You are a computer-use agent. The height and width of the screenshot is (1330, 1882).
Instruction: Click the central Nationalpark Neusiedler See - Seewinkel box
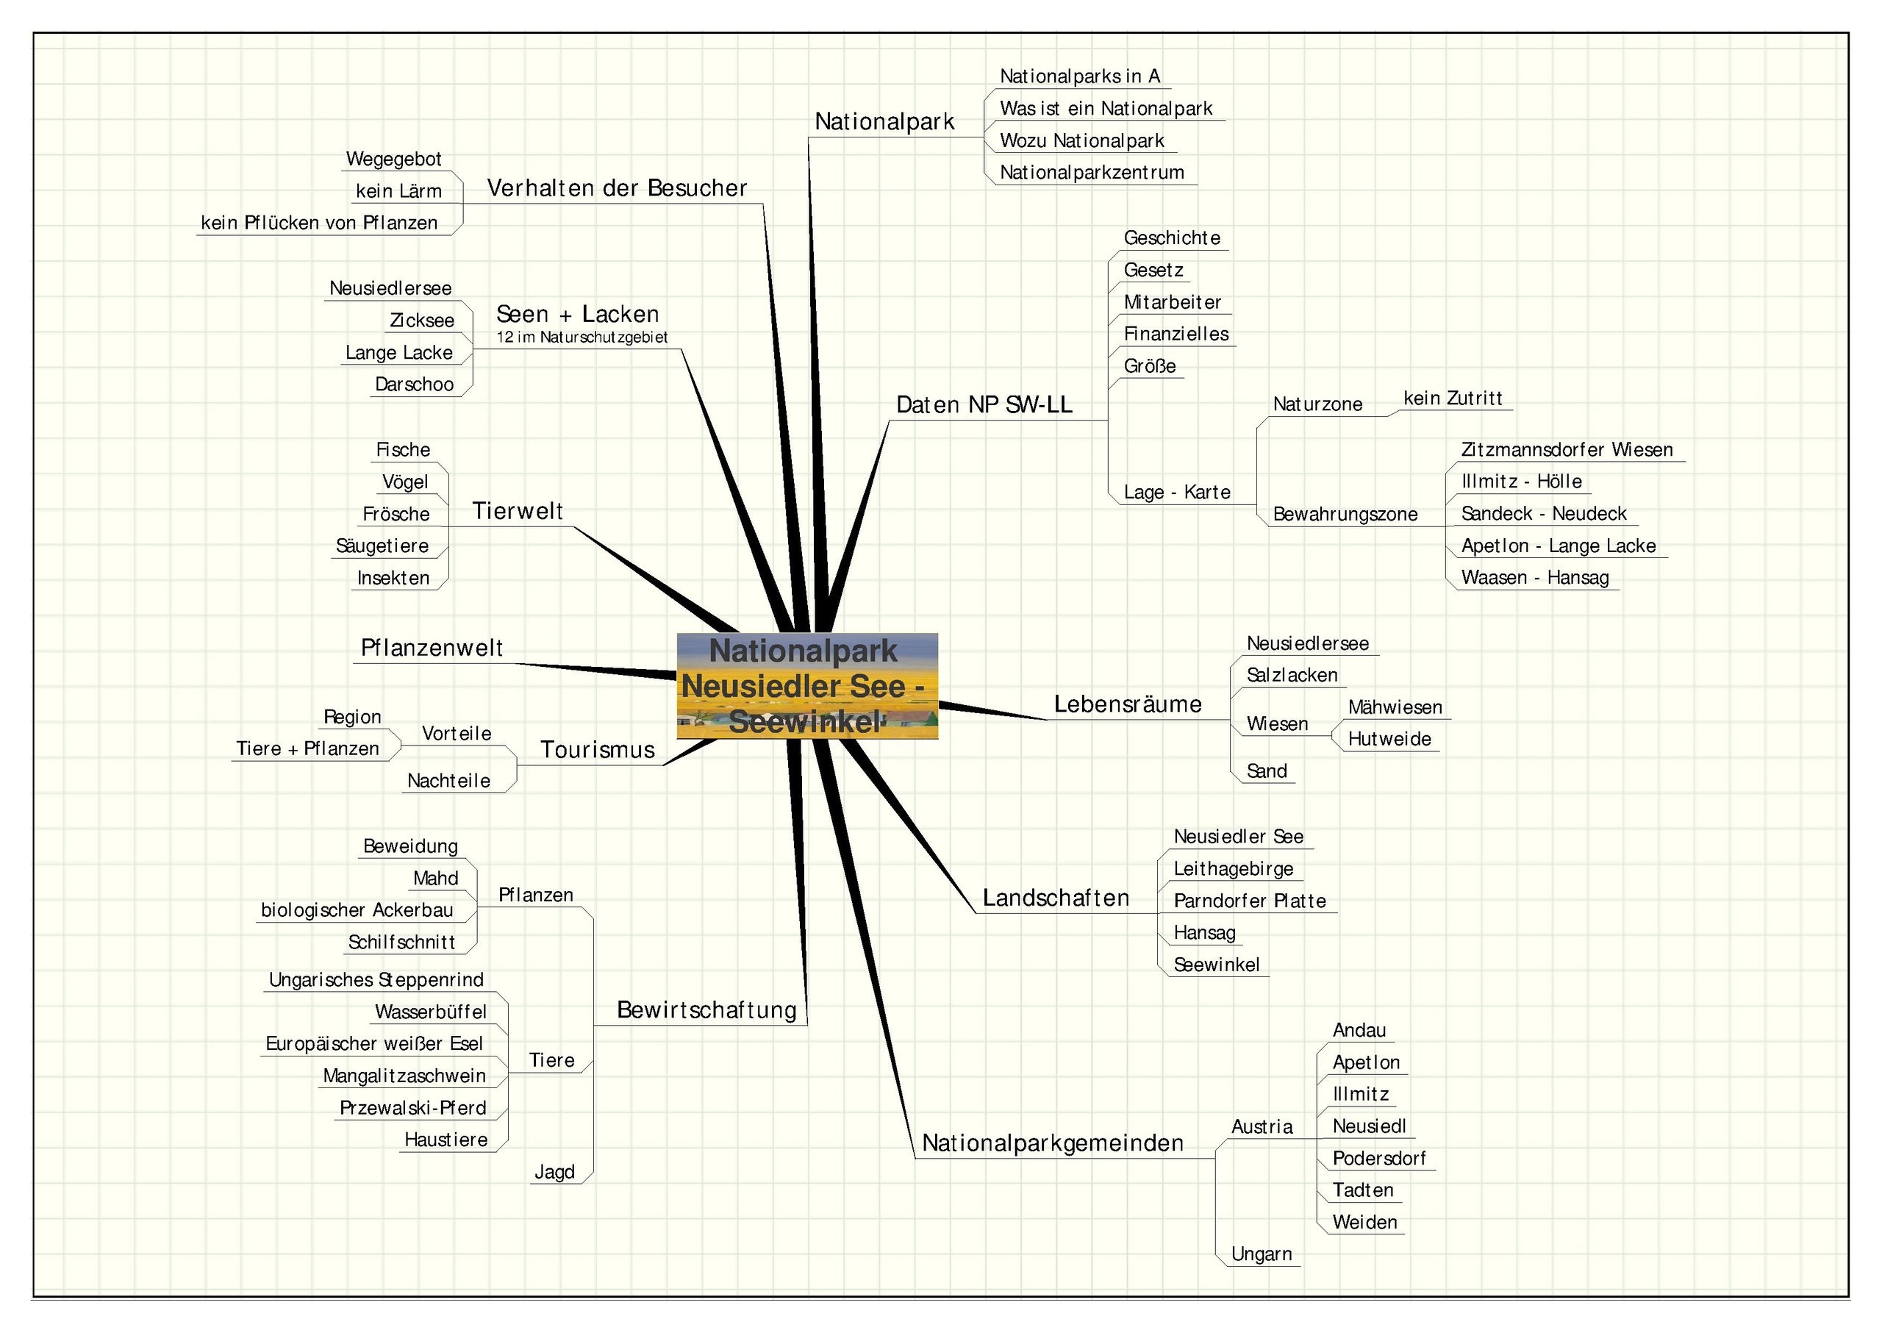click(806, 685)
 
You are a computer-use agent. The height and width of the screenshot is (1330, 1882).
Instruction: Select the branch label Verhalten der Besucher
click(616, 189)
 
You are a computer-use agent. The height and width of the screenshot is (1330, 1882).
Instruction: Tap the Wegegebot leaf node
click(393, 159)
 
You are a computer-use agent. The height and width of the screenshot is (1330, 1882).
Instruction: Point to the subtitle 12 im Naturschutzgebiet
click(582, 337)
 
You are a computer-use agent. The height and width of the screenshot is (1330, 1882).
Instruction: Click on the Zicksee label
click(421, 321)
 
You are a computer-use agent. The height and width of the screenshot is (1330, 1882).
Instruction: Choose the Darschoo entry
click(414, 385)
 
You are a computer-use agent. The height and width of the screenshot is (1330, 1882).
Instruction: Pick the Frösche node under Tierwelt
click(396, 514)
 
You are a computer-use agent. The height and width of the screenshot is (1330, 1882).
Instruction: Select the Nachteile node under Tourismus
click(448, 781)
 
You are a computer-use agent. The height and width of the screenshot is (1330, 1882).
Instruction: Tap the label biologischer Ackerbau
click(357, 910)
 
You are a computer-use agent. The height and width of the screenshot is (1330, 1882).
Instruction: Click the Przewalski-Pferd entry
click(413, 1109)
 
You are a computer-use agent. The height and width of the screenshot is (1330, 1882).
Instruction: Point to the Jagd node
click(554, 1173)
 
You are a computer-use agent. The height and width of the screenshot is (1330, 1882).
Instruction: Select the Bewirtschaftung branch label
click(706, 1010)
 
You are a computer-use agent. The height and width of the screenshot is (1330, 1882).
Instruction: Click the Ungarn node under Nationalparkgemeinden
click(1261, 1254)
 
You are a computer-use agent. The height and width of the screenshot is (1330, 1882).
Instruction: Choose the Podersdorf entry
click(1378, 1159)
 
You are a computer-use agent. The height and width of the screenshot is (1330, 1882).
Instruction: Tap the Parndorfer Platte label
click(1249, 901)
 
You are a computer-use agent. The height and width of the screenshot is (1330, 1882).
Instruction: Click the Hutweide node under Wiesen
click(1389, 739)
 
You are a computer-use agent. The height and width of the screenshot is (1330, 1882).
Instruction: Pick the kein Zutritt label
click(1453, 398)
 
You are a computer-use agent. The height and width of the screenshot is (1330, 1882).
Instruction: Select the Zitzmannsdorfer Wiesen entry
click(1567, 449)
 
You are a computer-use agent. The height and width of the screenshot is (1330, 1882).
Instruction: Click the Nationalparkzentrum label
click(1091, 173)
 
